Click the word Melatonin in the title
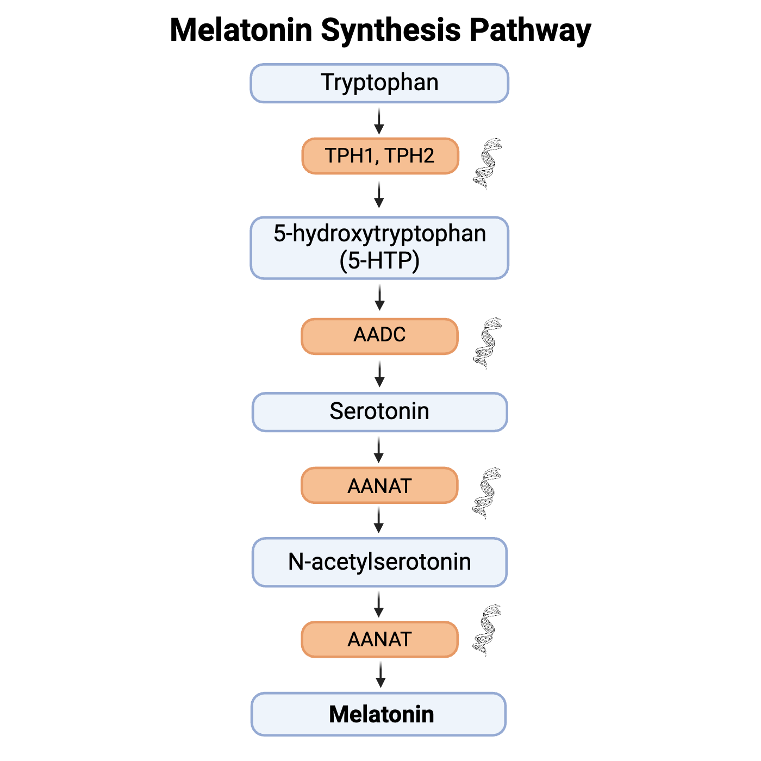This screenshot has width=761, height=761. (x=241, y=30)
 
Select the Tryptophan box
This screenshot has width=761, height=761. (x=379, y=83)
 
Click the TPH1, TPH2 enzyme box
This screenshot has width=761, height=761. (x=380, y=155)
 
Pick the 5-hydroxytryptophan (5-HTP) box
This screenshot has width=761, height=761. (x=379, y=248)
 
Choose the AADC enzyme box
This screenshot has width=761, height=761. (x=379, y=336)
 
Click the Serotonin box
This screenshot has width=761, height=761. (x=379, y=411)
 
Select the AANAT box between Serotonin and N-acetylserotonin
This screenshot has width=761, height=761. (x=379, y=485)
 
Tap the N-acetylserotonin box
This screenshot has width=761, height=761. (x=379, y=562)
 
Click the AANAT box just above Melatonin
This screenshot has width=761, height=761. (x=379, y=639)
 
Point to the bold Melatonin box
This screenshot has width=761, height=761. (x=378, y=714)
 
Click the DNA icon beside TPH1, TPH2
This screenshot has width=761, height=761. (x=488, y=164)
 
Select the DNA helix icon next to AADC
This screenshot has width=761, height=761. (x=488, y=343)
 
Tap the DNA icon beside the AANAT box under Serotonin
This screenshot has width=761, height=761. (x=486, y=493)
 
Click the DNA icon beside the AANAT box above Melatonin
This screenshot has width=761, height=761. (x=486, y=630)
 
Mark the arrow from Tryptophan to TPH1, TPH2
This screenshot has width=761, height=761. (x=379, y=121)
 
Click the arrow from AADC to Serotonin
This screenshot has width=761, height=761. (x=379, y=373)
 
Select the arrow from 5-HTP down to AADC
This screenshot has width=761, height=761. (x=379, y=298)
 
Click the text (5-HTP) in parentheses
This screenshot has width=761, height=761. (x=379, y=261)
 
